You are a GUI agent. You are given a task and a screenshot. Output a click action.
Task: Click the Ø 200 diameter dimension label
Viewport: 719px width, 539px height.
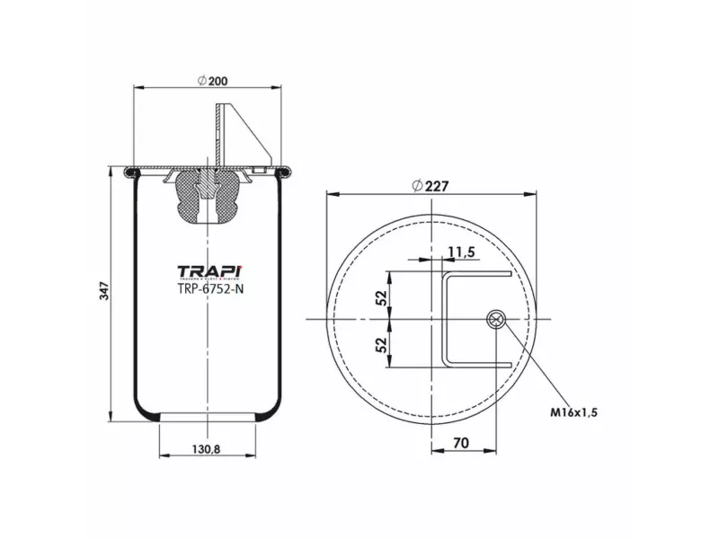tap(211, 81)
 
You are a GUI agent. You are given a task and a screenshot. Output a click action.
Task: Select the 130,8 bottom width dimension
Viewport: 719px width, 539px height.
tap(207, 449)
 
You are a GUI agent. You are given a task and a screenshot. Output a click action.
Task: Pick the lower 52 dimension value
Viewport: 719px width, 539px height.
tap(381, 343)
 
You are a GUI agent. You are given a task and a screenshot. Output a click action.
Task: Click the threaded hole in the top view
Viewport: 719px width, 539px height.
tap(494, 319)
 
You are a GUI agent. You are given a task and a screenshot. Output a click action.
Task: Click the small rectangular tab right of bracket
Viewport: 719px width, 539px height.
tap(261, 168)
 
